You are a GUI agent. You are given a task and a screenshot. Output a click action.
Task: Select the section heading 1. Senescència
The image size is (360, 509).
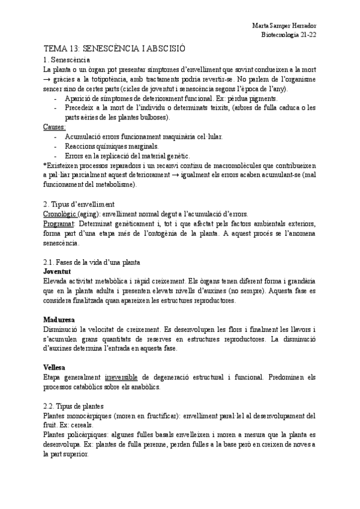(x=67, y=61)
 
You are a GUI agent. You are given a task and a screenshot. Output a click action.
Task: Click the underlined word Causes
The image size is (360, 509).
(x=55, y=127)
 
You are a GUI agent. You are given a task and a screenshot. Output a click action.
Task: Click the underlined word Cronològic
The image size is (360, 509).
(x=61, y=214)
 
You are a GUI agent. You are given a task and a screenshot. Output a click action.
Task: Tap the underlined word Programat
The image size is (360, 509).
(x=59, y=223)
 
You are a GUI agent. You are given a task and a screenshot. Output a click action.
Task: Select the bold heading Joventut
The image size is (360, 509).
(x=58, y=271)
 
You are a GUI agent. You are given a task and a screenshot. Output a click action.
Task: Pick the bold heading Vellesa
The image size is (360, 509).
(x=55, y=366)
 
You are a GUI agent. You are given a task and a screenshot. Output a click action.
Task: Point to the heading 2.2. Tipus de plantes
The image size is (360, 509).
(x=73, y=405)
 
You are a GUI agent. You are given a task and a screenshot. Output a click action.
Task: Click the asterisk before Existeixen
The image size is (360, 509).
(x=45, y=165)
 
